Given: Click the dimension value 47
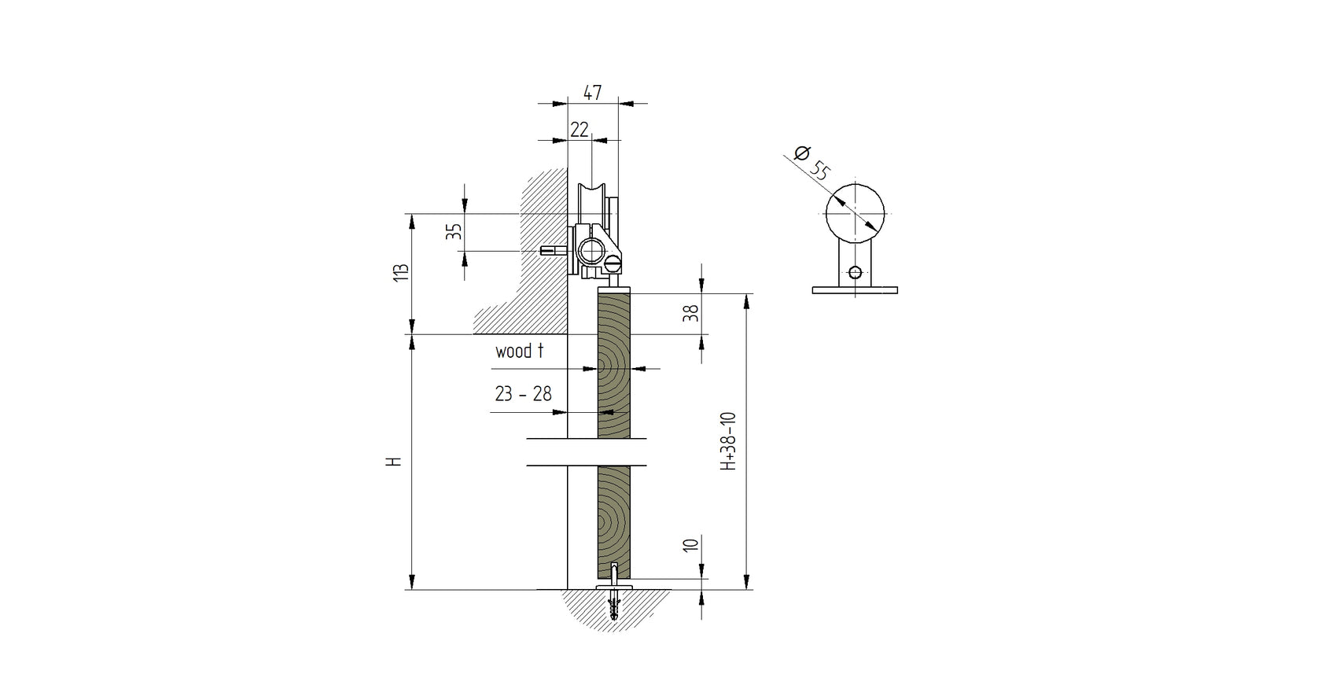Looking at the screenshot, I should (592, 93).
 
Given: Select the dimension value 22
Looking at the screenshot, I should (579, 130).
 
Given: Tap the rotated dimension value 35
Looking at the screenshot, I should (454, 232).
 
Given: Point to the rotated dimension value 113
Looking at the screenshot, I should (401, 273).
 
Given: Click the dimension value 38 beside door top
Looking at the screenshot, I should (690, 314).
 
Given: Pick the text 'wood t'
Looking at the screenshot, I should (519, 351).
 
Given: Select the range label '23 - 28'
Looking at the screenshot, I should (523, 394).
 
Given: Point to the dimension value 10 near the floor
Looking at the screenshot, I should (690, 545).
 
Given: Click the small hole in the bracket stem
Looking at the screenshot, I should (855, 274).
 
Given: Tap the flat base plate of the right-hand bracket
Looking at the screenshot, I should (855, 290).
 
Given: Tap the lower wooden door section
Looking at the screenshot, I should (614, 519).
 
